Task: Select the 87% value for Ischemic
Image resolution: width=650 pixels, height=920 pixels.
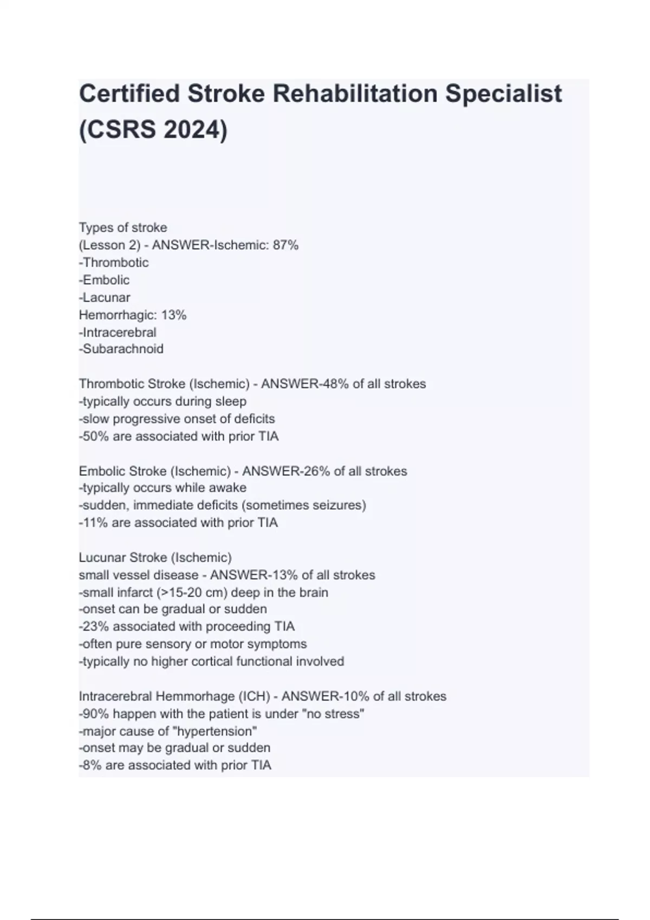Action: pos(285,245)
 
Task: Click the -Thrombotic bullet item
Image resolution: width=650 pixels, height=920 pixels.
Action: pos(114,262)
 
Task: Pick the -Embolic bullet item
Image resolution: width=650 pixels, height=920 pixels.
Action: pos(105,280)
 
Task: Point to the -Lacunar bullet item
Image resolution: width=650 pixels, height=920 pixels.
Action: pos(105,297)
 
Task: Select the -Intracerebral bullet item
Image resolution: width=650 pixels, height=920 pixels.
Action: pos(118,332)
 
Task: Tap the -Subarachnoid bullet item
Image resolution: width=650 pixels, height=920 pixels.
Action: pos(121,349)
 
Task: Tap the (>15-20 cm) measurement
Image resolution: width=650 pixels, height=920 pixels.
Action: pos(192,592)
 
